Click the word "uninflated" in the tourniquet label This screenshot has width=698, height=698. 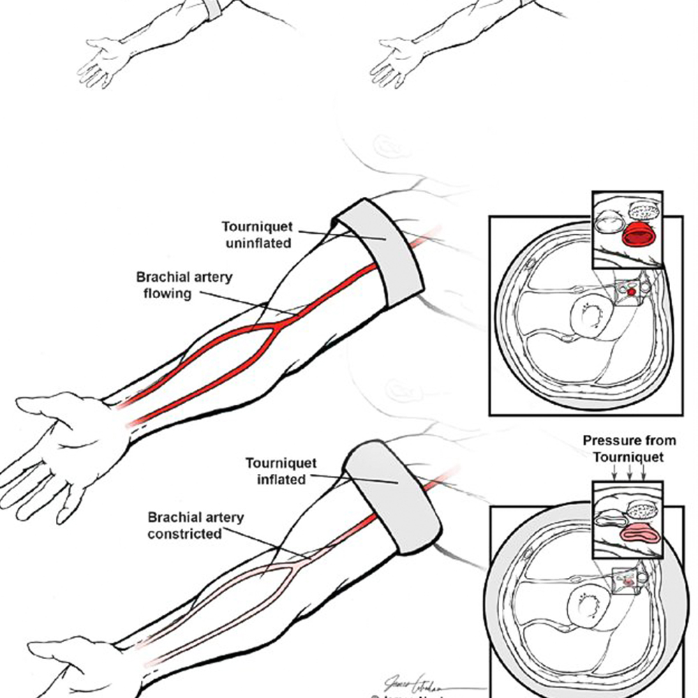pyautogui.click(x=257, y=243)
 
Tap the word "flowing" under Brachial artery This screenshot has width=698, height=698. pyautogui.click(x=168, y=293)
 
